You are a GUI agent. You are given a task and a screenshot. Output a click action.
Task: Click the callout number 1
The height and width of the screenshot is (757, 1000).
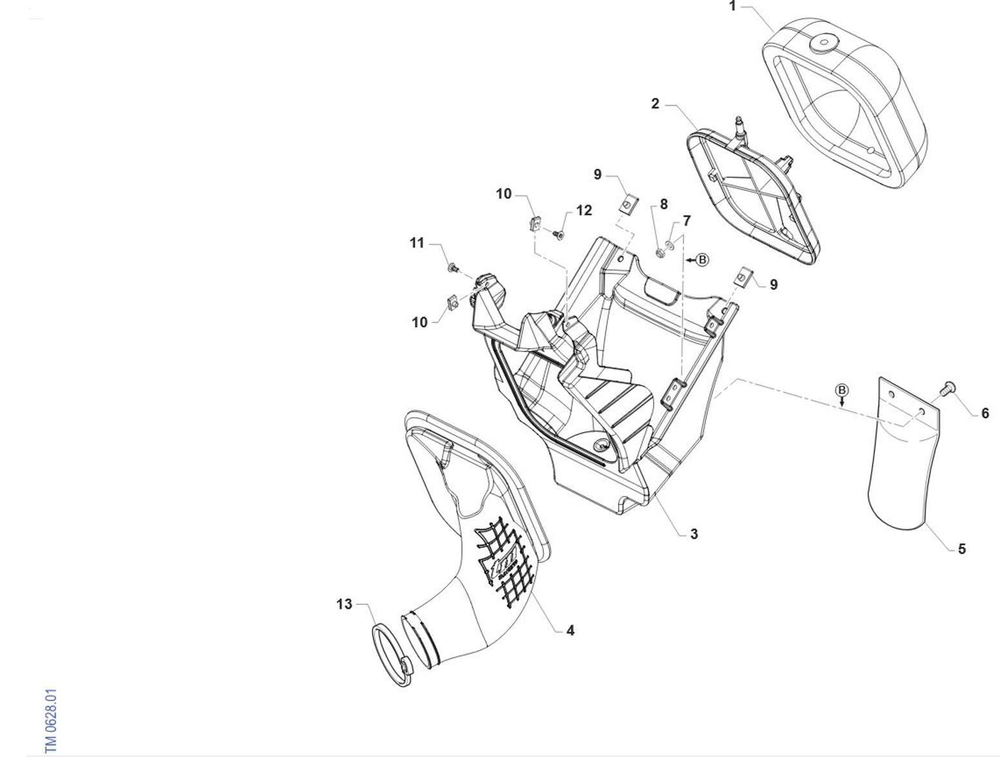732,6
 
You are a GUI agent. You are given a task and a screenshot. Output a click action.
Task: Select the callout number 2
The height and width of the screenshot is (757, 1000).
655,104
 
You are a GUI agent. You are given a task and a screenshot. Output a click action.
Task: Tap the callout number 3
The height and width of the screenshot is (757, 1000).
694,534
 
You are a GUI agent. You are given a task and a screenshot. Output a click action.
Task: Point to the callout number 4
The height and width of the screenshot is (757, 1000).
570,631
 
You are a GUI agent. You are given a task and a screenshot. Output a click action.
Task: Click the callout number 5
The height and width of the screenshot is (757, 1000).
962,549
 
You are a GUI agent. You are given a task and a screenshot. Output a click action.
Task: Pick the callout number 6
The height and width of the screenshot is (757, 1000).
985,413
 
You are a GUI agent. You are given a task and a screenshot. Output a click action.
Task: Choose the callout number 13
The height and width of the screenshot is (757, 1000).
345,604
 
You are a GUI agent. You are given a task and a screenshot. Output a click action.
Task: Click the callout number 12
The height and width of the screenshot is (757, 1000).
584,211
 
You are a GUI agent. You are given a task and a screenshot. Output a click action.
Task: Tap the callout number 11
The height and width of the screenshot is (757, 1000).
417,243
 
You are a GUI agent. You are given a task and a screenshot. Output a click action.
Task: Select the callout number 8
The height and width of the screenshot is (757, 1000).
664,204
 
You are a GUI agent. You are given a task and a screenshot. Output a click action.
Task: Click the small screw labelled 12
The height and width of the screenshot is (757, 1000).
559,235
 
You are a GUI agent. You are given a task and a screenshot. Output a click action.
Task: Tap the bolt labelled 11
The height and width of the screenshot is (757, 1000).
453,266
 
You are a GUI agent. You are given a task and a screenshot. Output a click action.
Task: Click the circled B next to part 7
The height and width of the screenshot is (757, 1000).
703,260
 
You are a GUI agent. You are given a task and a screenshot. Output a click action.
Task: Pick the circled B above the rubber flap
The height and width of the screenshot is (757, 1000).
842,390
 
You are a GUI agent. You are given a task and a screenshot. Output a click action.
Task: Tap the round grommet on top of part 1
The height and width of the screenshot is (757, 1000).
821,43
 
